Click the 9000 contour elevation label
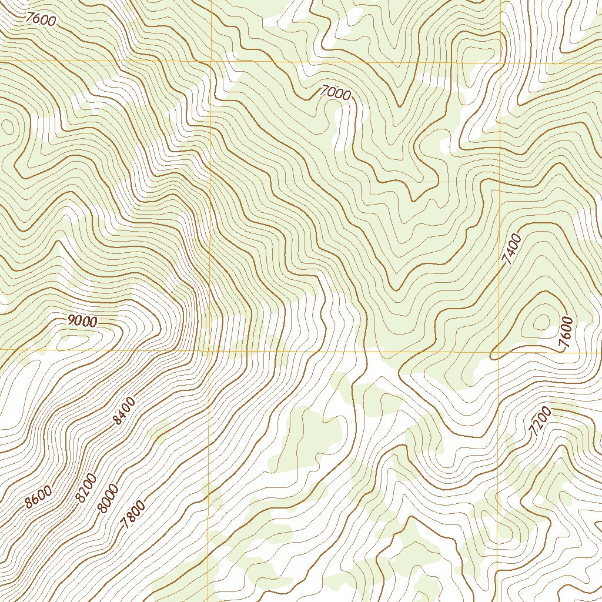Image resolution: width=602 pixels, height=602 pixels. click(x=82, y=320)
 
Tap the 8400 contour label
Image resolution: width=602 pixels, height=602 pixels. click(x=125, y=411)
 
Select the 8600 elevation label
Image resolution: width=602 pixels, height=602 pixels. click(x=38, y=497)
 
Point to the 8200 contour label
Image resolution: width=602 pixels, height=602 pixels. click(x=86, y=488)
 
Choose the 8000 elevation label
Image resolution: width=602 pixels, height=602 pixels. click(x=108, y=499)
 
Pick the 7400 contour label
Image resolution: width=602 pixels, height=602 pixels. click(x=513, y=249)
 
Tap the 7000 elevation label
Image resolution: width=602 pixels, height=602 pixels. click(x=336, y=93)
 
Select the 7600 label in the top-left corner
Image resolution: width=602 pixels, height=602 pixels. click(x=41, y=19)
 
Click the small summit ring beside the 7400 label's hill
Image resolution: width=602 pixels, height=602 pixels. click(x=541, y=321)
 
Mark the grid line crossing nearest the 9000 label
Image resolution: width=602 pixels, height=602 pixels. click(x=210, y=350)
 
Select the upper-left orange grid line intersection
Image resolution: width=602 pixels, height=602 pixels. click(x=210, y=62)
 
